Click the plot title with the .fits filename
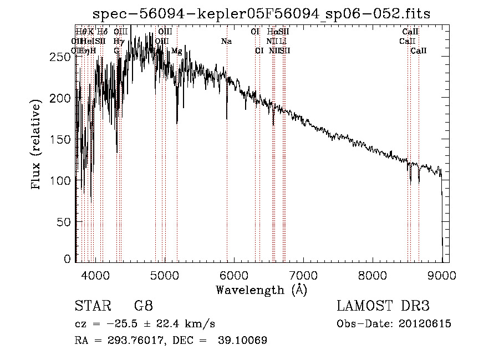coord(262,13)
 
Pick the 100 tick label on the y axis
coord(63,180)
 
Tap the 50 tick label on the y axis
coord(66,222)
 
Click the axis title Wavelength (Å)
coord(261,290)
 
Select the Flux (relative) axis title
coord(37,145)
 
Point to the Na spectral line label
coord(226,42)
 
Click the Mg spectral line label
coord(177,51)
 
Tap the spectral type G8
coord(144,306)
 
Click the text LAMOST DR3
coord(383,306)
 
